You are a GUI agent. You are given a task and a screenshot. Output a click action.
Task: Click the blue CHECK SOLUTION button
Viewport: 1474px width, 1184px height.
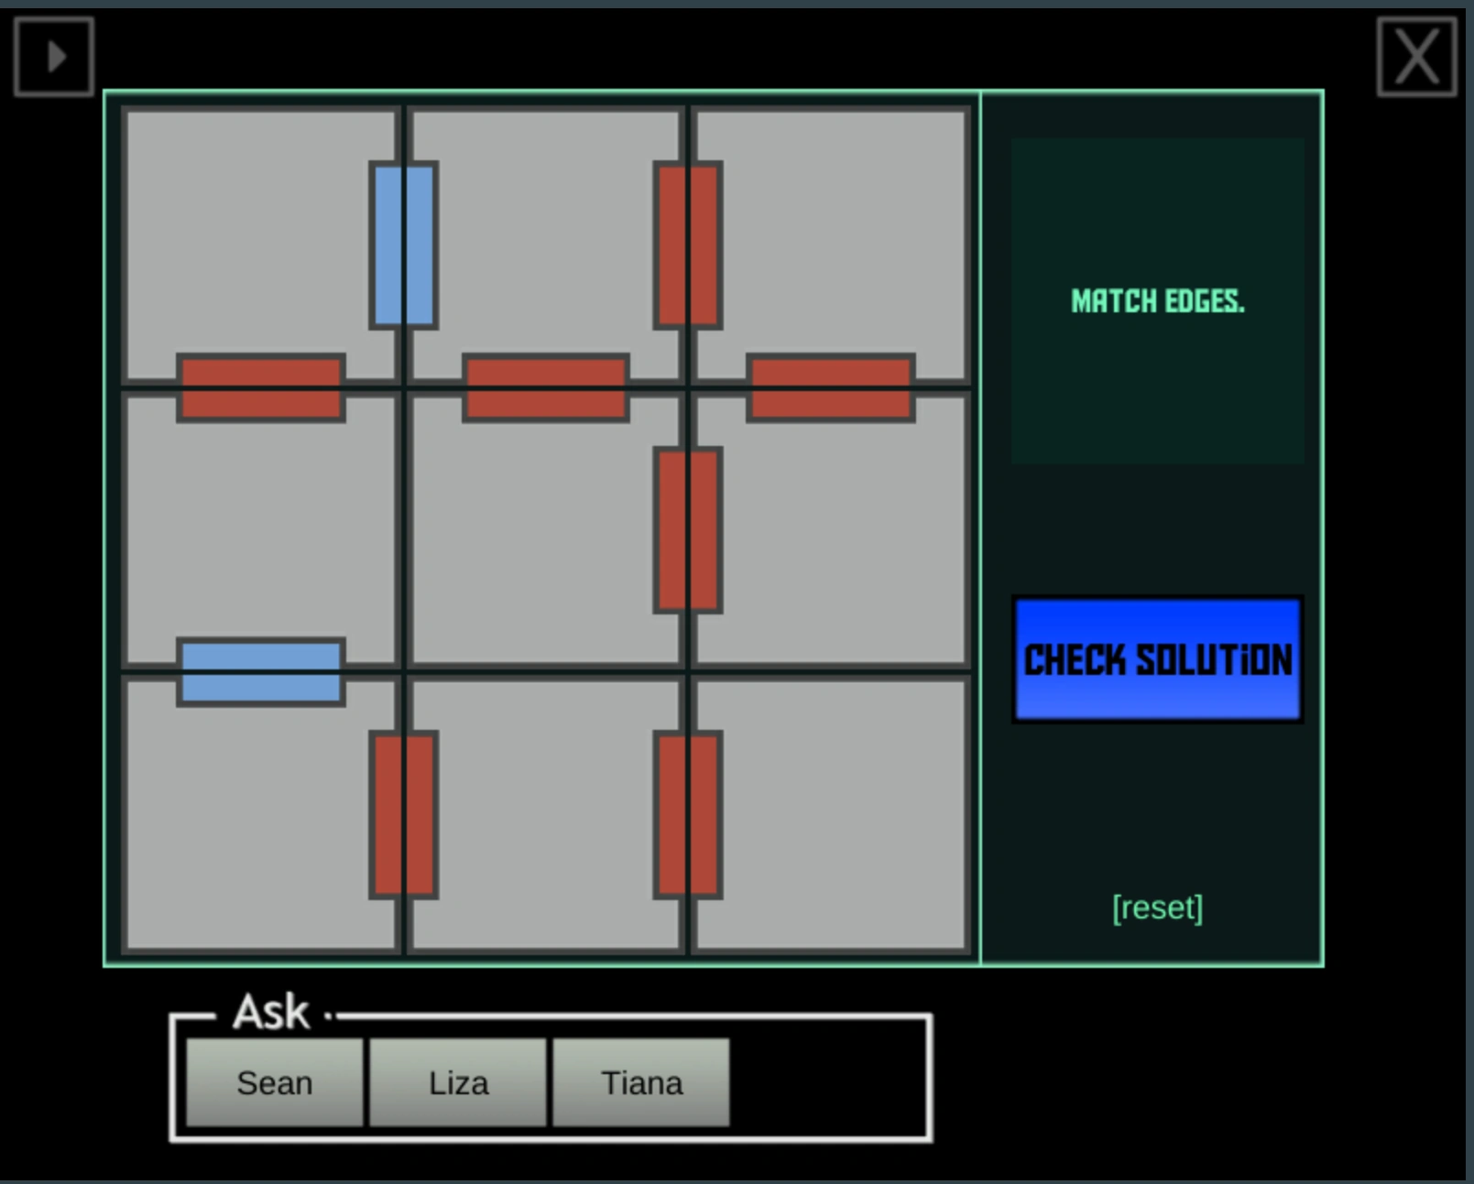pos(1157,659)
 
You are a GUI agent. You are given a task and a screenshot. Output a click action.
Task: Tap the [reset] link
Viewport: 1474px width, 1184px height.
pos(1157,907)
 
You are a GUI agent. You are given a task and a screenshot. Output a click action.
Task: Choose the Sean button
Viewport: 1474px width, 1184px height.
pos(274,1082)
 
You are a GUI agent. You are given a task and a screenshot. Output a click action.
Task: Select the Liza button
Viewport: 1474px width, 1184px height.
pos(458,1082)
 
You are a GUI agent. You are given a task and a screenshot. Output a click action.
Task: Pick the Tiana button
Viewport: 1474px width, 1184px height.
pos(641,1082)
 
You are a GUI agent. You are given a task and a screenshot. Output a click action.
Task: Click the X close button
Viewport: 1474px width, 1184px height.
pos(1416,57)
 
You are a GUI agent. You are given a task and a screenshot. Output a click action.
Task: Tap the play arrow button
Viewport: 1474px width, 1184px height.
pos(54,57)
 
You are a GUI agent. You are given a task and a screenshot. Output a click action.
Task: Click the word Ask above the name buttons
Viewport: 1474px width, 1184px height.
pos(271,1013)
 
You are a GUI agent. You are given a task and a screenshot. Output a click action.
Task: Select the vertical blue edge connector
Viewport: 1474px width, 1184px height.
pos(403,244)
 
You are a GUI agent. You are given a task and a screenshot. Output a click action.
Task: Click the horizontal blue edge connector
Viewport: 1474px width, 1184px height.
pos(261,672)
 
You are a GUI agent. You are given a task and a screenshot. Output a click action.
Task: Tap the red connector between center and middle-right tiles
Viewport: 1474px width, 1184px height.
pos(688,529)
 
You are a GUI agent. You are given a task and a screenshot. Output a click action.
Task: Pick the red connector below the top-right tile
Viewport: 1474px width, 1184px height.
pos(831,387)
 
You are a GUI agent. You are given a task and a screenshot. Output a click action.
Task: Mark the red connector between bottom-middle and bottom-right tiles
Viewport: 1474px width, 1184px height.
pos(688,814)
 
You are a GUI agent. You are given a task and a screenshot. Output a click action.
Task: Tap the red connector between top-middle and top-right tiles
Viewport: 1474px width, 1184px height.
pos(688,244)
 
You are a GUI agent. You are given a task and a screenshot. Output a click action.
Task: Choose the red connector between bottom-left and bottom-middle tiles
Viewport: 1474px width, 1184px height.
pos(403,814)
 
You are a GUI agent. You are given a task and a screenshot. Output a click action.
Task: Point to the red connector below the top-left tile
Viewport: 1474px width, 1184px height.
pos(261,387)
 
